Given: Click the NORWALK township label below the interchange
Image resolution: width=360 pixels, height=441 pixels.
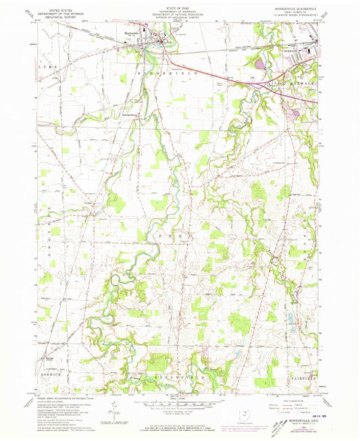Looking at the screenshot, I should [x=290, y=87].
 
